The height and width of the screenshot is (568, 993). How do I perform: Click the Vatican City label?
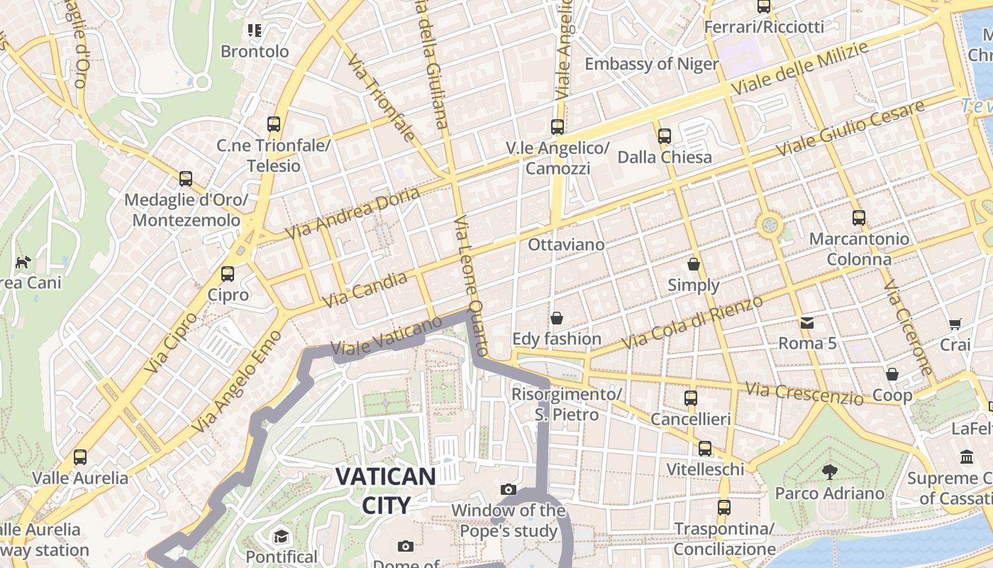(385, 490)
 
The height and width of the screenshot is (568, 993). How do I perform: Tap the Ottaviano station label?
(566, 245)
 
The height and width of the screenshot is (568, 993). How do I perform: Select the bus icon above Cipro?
(228, 274)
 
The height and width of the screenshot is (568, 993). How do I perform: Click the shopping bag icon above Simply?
(694, 264)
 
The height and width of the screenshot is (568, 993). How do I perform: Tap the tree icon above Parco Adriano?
(829, 471)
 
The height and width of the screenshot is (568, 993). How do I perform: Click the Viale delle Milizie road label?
(801, 69)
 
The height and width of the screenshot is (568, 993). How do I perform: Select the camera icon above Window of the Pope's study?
(508, 489)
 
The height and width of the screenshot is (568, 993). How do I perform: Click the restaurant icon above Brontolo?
(255, 30)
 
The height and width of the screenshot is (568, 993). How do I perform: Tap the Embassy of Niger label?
(651, 64)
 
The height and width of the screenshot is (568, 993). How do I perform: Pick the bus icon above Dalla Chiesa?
(665, 136)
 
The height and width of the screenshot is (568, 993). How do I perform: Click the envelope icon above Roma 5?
(807, 323)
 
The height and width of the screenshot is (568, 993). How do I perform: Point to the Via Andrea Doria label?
(352, 213)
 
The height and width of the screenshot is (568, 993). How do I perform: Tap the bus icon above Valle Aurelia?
(80, 457)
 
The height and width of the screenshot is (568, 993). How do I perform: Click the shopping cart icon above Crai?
(955, 324)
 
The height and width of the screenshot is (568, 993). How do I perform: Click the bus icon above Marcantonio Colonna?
(859, 217)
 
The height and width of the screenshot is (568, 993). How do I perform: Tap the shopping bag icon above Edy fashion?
(557, 317)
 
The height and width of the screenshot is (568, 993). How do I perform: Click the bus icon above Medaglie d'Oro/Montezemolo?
(186, 178)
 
